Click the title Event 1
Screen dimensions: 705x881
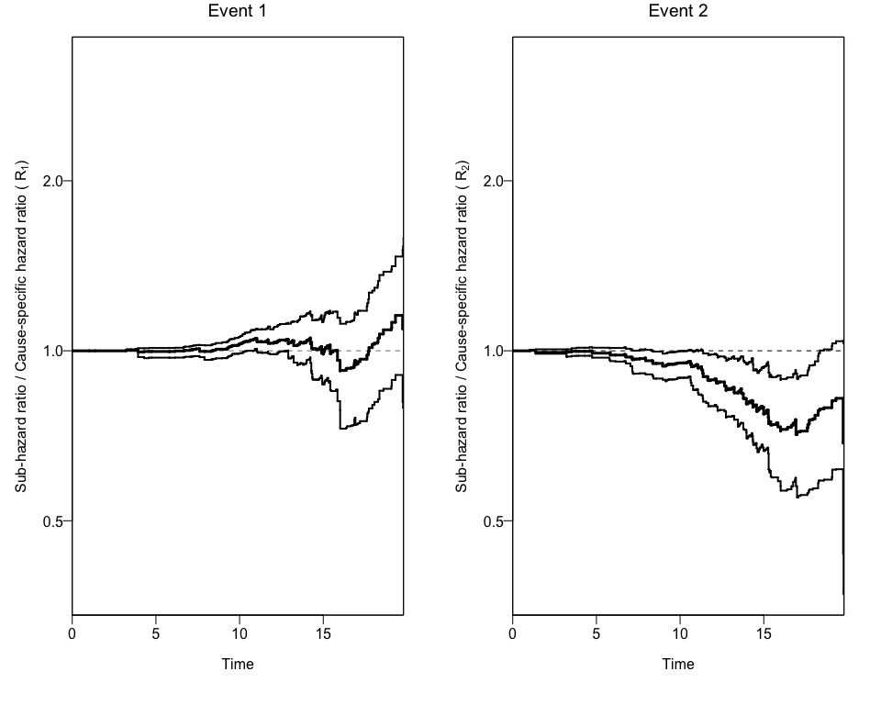[x=238, y=11]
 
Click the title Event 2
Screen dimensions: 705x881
[x=678, y=11]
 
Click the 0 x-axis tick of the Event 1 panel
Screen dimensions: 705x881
[x=72, y=632]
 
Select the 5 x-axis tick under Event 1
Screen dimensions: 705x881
[x=156, y=632]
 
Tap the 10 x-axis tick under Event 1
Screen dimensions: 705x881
[x=240, y=632]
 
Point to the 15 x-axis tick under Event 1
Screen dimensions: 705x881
[x=323, y=632]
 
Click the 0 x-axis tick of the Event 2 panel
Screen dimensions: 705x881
[x=513, y=632]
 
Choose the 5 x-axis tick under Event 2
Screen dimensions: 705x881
[x=597, y=632]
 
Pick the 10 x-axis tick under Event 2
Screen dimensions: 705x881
[x=680, y=632]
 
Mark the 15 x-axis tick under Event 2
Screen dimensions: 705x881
[x=764, y=632]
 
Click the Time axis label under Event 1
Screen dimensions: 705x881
[x=238, y=664]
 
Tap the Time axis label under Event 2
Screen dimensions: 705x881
[x=678, y=664]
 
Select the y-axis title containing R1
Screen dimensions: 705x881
[x=21, y=326]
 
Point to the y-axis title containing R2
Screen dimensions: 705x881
[x=462, y=326]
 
